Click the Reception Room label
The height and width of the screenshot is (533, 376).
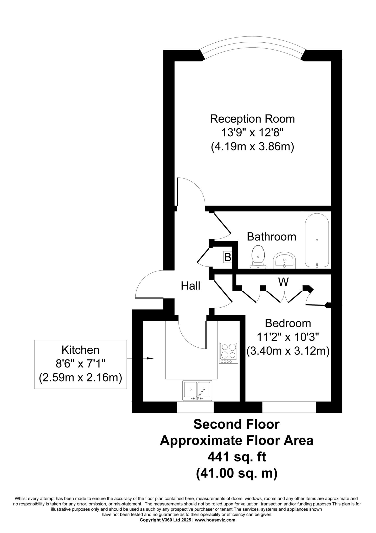252,119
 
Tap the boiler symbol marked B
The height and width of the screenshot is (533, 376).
228,257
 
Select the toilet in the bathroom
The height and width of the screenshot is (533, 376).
258,257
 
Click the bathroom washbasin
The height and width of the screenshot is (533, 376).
285,260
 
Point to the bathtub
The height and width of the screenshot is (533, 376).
317,240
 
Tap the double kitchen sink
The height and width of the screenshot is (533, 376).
197,390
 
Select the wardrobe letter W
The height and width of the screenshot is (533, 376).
283,282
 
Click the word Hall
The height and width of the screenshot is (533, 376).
190,286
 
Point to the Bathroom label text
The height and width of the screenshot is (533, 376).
271,237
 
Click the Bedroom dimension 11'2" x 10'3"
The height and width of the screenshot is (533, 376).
288,337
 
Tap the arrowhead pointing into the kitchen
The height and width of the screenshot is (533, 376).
150,358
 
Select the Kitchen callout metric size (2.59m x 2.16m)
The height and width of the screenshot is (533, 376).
81,378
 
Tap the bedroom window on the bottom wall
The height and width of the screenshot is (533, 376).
289,407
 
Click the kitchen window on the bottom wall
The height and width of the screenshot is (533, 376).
195,407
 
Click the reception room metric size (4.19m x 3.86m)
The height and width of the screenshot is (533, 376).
252,147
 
